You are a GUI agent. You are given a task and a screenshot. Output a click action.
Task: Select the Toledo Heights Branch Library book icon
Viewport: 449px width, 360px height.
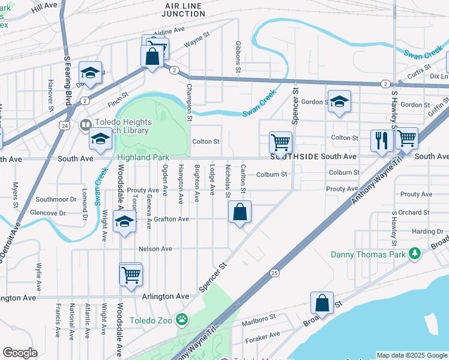click(85, 124)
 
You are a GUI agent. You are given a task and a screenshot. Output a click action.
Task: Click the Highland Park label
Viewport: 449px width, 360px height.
click(143, 157)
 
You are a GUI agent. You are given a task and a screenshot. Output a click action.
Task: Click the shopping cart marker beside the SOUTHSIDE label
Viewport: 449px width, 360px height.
click(280, 143)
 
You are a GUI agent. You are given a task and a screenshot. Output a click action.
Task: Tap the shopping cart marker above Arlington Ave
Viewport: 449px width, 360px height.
click(131, 274)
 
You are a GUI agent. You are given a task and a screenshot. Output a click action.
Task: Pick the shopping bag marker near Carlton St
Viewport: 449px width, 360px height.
click(240, 212)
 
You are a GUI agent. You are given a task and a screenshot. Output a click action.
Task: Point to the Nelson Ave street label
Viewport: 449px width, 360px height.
click(155, 249)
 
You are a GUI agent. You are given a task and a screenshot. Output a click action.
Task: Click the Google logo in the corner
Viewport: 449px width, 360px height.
click(20, 353)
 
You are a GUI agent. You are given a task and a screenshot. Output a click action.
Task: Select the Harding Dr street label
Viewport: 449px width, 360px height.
click(427, 232)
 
